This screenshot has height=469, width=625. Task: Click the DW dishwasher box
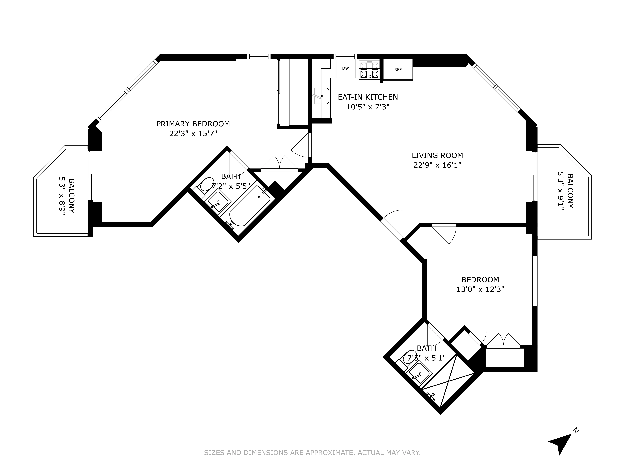click(x=345, y=68)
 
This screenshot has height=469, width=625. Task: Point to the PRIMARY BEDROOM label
click(x=193, y=124)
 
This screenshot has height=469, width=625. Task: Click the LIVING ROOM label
click(x=437, y=155)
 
